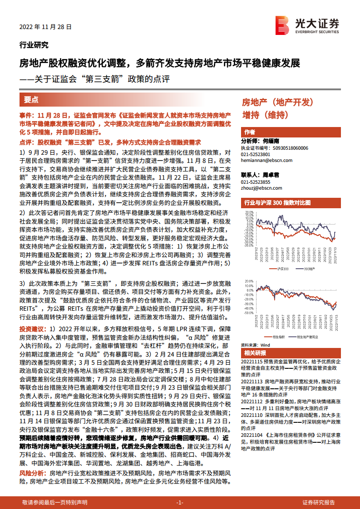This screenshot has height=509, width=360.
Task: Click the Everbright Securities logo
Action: point(307,24)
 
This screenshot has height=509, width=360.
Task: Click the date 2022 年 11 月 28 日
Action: point(45,27)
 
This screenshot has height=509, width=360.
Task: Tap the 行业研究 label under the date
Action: point(34,44)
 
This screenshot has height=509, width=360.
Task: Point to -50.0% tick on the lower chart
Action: point(248,313)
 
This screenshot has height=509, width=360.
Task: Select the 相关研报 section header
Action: point(255,353)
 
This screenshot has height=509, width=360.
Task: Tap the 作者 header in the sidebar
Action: point(250,132)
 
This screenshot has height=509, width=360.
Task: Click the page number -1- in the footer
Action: point(180,502)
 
